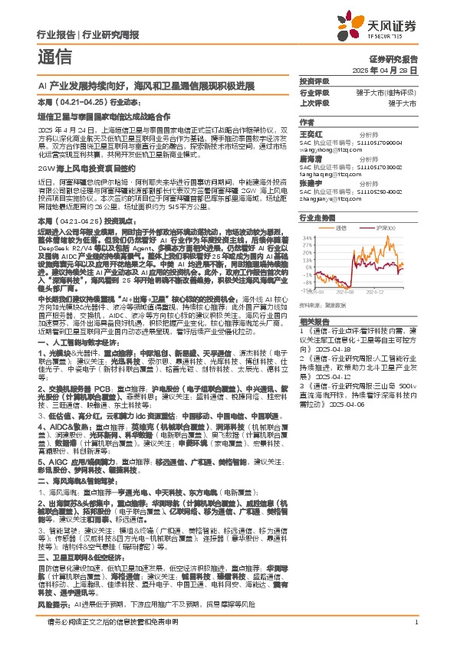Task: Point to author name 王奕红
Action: click(x=310, y=133)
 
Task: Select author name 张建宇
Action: click(x=310, y=183)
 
